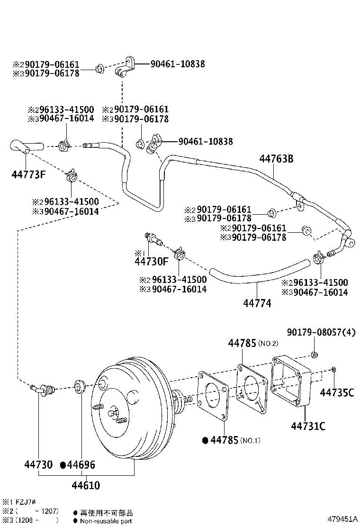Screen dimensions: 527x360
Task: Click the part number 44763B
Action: tap(276, 159)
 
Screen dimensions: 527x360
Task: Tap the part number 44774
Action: tap(258, 303)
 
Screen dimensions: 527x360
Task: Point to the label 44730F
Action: tap(151, 261)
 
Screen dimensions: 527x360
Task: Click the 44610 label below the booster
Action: tap(86, 486)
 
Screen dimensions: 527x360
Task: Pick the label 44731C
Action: tap(308, 426)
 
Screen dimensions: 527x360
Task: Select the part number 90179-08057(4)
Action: tap(321, 332)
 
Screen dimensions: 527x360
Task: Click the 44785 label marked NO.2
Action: tap(242, 343)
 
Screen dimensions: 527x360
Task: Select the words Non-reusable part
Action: tap(106, 521)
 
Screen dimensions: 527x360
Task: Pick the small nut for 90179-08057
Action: tap(314, 355)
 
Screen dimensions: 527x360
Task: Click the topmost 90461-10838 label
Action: tap(178, 64)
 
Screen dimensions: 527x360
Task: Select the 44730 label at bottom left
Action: tap(38, 465)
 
